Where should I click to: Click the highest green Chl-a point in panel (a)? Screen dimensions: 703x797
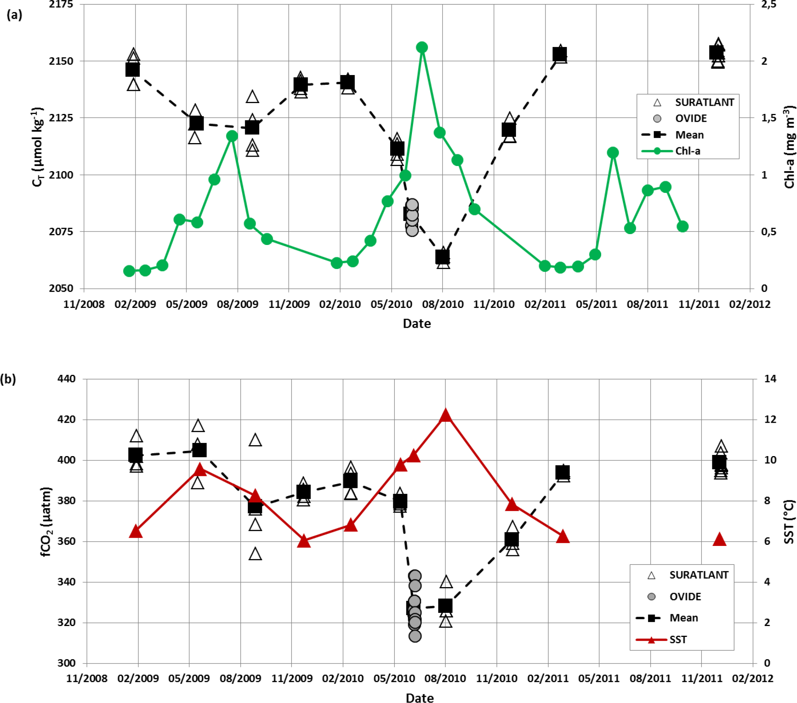pos(422,47)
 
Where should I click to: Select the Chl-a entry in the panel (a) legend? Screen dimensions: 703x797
pos(687,151)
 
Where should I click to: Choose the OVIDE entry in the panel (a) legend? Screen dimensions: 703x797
pos(691,119)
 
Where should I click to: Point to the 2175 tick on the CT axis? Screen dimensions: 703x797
pos(61,5)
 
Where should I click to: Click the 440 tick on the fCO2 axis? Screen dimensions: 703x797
pos(66,379)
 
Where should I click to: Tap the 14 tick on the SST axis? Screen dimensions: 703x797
pos(770,379)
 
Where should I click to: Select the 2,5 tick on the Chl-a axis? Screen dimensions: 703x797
pos(769,5)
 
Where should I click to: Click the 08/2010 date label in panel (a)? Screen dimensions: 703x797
pos(443,304)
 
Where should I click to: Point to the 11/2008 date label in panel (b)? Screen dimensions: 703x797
pos(87,679)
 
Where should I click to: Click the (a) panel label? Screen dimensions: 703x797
pos(14,15)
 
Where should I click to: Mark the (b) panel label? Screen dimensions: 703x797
pos(8,379)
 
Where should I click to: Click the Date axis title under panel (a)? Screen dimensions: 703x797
pos(417,324)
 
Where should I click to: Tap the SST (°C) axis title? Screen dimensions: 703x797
pos(788,521)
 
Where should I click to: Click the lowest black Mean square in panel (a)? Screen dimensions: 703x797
pos(442,257)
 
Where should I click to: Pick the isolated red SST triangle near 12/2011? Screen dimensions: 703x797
pos(719,540)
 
